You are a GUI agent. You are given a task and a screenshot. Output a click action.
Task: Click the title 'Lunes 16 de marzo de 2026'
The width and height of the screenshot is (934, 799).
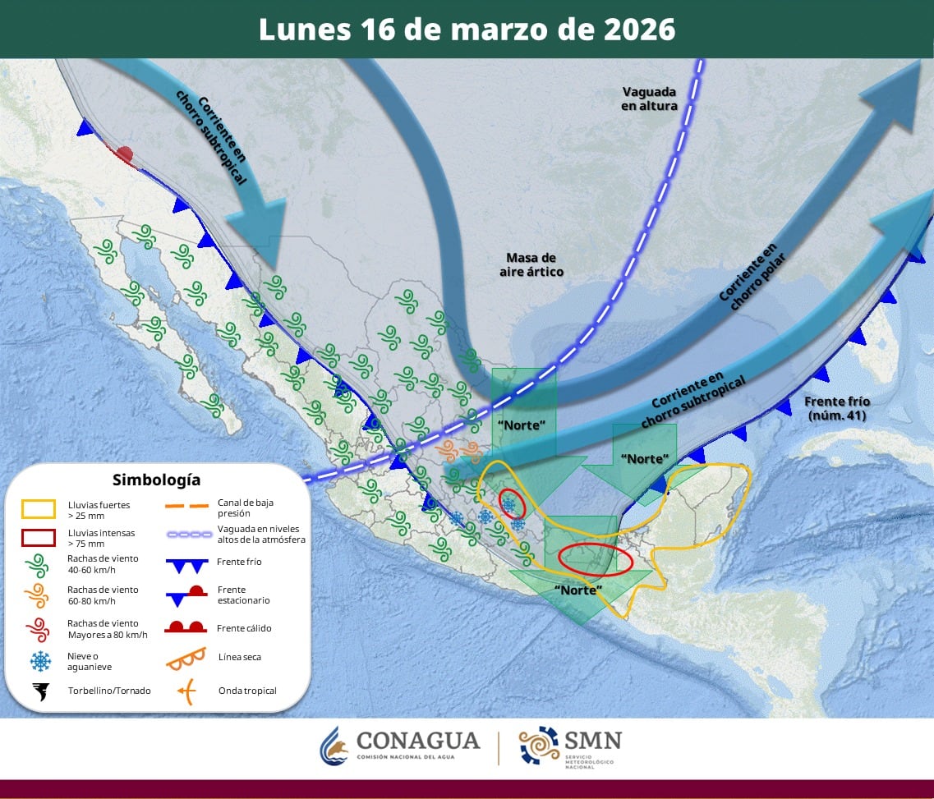(x=467, y=30)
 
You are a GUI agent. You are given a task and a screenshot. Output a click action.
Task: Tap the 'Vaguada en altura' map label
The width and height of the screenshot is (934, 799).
(x=649, y=99)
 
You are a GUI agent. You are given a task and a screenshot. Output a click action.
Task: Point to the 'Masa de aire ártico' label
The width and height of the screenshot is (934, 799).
(x=531, y=264)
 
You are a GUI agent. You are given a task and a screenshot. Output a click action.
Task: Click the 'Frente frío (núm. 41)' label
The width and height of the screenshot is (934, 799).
(x=837, y=408)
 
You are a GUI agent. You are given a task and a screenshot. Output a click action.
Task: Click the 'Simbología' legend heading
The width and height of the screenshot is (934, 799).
(x=156, y=480)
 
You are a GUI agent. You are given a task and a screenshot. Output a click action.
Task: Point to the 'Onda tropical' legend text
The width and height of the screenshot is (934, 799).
(x=247, y=691)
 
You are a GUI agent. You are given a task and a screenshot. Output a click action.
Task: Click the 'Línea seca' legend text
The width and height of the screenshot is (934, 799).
(x=240, y=657)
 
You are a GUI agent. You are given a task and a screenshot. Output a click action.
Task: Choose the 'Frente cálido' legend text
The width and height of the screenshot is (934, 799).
(x=245, y=628)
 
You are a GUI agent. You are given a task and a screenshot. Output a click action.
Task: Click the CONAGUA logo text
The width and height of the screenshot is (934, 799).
(x=417, y=742)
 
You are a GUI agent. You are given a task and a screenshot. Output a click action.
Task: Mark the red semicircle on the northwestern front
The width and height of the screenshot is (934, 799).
(x=124, y=154)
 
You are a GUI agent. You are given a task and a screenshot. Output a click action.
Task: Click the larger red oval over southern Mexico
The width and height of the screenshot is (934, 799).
(x=595, y=558)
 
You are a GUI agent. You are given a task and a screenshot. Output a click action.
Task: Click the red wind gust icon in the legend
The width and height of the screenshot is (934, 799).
(x=39, y=629)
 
